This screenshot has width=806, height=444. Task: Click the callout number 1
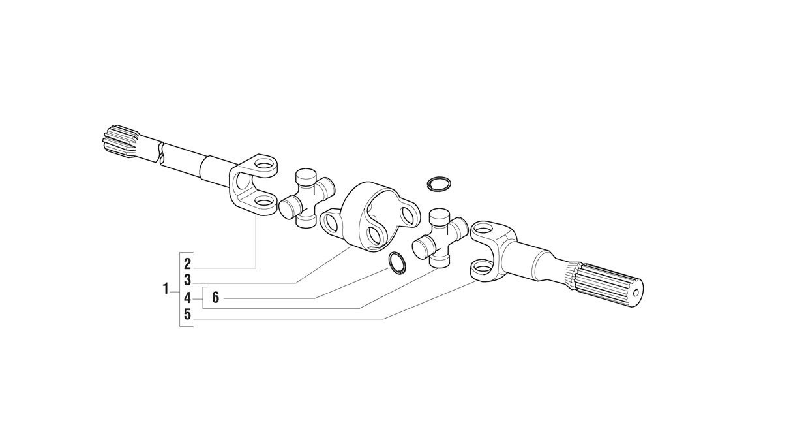coord(166,289)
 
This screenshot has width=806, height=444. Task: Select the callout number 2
coord(187,264)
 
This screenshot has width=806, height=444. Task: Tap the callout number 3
coord(187,280)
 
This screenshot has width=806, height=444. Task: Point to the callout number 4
coord(187,298)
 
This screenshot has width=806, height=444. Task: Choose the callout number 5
coord(187,315)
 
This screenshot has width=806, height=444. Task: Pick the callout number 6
coord(216,298)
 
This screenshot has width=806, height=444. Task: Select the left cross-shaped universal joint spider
coord(306,198)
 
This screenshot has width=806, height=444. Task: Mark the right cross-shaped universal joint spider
coord(440,238)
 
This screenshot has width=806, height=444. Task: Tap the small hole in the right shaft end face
coord(636,293)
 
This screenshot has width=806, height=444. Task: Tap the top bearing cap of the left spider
coord(305,176)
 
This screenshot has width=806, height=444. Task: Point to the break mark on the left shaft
coord(161,153)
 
